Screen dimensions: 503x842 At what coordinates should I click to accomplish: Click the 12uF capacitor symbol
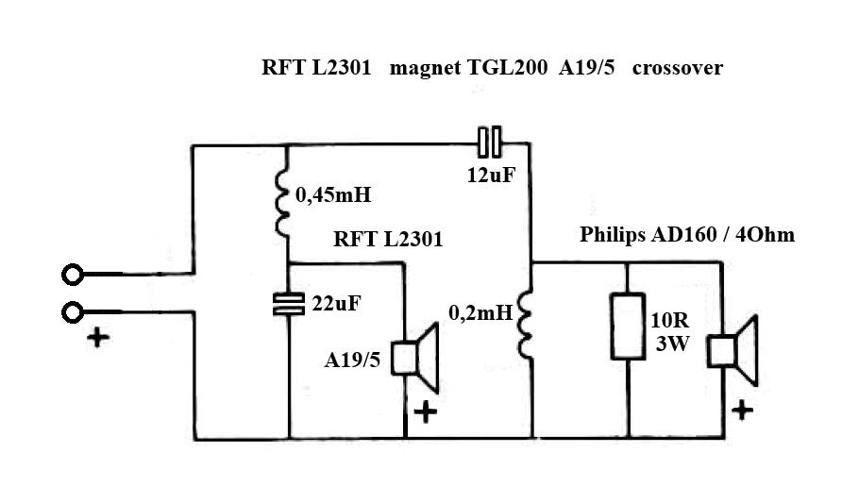tap(489, 143)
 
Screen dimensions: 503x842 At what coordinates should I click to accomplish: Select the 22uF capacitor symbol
tap(287, 303)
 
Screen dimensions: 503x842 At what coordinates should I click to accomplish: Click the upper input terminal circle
tap(73, 275)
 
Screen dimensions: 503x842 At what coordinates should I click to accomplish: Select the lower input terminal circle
tap(73, 311)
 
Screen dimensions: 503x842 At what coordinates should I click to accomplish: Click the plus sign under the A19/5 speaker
tap(426, 411)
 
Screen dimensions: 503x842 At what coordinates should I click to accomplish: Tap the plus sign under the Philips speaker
tap(743, 410)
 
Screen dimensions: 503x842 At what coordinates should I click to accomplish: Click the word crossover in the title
tap(678, 68)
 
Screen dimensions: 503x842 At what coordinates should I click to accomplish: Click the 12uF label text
tap(490, 174)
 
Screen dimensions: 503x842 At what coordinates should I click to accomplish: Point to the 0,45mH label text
tap(333, 196)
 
